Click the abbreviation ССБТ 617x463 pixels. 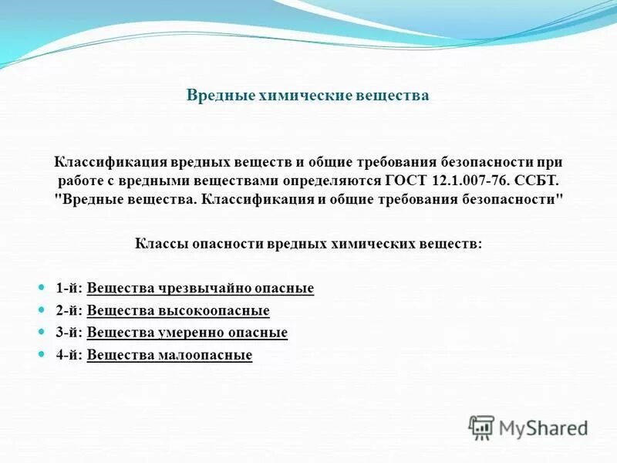point(533,181)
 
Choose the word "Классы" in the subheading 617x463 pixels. point(158,243)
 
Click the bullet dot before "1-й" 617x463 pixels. point(43,287)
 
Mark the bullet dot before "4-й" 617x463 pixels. point(43,354)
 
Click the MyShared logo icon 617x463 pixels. point(481,427)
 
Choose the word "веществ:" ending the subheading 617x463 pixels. point(455,243)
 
